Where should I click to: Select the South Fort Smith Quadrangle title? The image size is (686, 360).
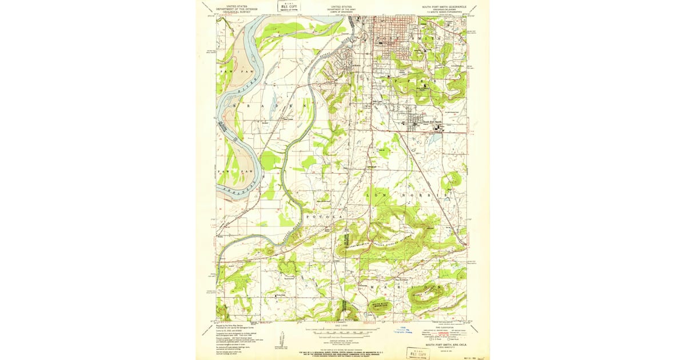(444, 6)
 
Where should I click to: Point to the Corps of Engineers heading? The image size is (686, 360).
(338, 9)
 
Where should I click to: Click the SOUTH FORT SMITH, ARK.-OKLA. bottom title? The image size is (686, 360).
(445, 346)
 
